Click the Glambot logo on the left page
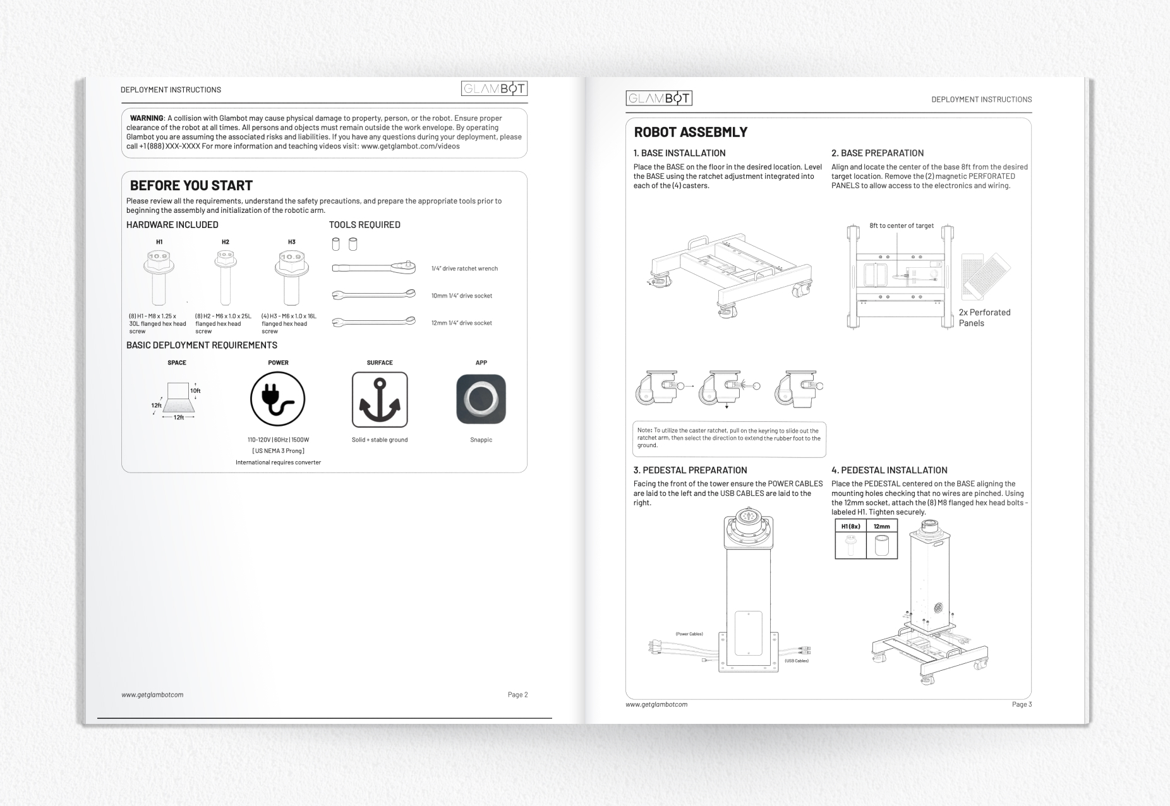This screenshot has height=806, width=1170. pyautogui.click(x=494, y=88)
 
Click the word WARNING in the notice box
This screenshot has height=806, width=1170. pyautogui.click(x=147, y=118)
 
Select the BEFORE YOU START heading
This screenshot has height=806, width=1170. pyautogui.click(x=191, y=186)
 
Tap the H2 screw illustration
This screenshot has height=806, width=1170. pyautogui.click(x=226, y=278)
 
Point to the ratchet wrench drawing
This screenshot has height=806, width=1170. pyautogui.click(x=374, y=268)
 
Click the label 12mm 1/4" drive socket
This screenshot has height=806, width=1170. pyautogui.click(x=461, y=323)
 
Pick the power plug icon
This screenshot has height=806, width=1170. pyautogui.click(x=278, y=399)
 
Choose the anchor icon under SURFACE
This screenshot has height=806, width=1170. pyautogui.click(x=380, y=400)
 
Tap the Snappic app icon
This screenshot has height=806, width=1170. pyautogui.click(x=481, y=399)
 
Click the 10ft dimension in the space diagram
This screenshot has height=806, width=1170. pyautogui.click(x=195, y=391)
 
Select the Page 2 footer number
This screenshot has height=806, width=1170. pyautogui.click(x=517, y=695)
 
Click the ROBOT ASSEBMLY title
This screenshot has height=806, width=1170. pyautogui.click(x=691, y=132)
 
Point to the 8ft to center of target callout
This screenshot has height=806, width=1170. pyautogui.click(x=901, y=226)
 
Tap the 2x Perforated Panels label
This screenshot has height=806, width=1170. pyautogui.click(x=984, y=318)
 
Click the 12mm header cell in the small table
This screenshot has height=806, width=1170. pyautogui.click(x=881, y=526)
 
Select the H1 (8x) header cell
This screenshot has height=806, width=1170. pyautogui.click(x=850, y=526)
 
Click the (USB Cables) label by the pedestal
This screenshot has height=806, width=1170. pyautogui.click(x=796, y=661)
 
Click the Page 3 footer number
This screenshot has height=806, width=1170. pyautogui.click(x=1022, y=704)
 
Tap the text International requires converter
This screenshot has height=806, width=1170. pyautogui.click(x=278, y=462)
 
